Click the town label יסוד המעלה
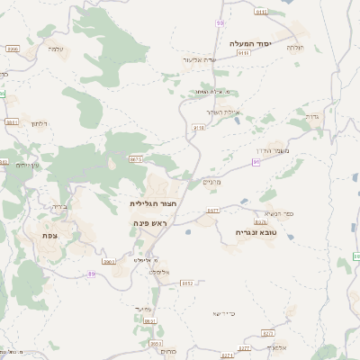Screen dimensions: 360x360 250,43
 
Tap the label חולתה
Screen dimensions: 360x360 295,46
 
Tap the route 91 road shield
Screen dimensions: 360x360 256,162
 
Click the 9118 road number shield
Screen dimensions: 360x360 199,128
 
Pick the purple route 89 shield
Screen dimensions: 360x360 91,273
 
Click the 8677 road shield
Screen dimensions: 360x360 212,211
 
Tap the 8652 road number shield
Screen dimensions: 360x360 187,283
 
